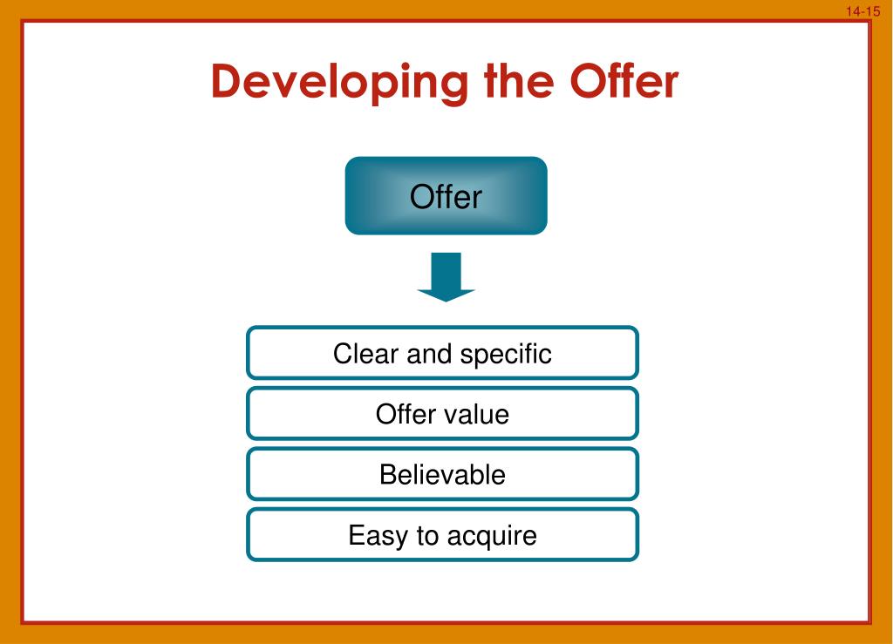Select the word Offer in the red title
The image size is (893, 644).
(624, 81)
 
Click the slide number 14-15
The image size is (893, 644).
(863, 11)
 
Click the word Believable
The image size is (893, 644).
(442, 474)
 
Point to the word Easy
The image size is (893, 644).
(378, 535)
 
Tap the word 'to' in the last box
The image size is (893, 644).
(427, 535)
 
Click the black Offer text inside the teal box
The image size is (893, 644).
(446, 197)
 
